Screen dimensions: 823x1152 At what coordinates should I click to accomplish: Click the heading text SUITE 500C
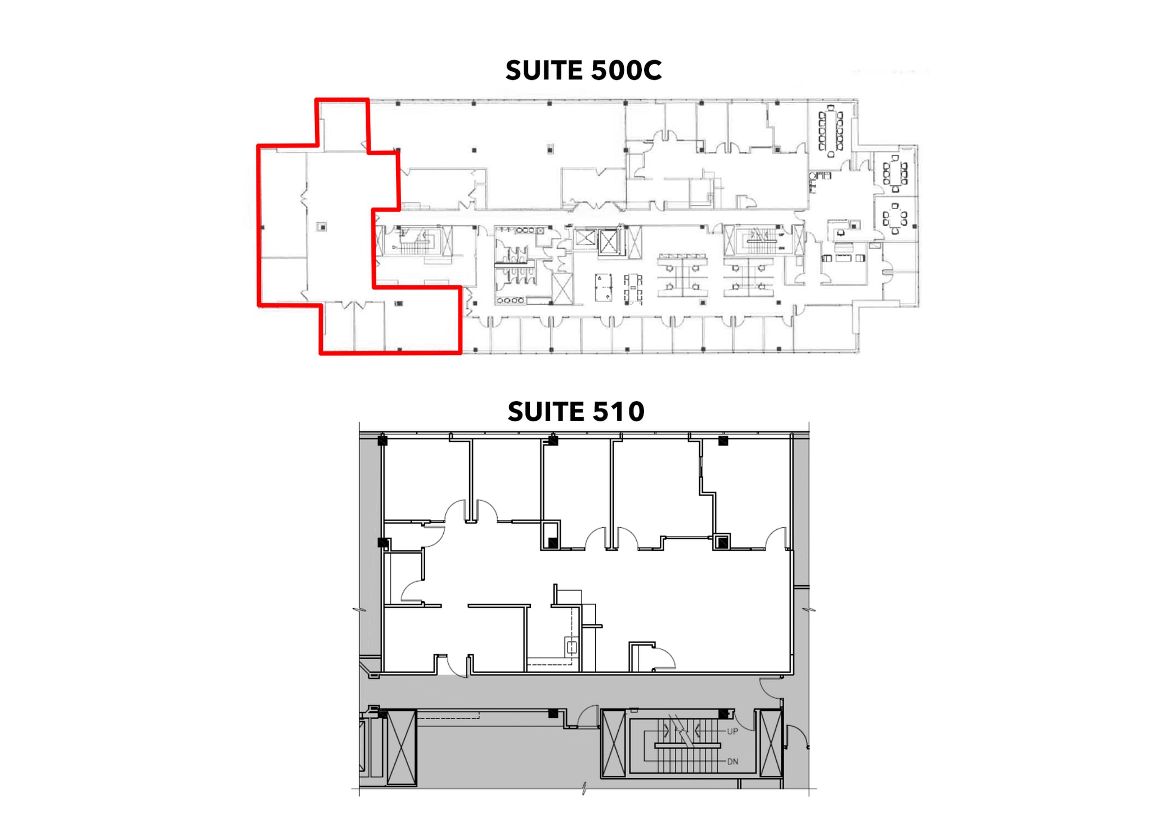pyautogui.click(x=583, y=70)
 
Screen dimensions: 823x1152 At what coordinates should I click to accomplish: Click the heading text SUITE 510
pyautogui.click(x=575, y=411)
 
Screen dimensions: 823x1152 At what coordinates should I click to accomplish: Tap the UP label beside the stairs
pyautogui.click(x=732, y=731)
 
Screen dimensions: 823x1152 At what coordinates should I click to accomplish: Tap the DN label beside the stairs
pyautogui.click(x=732, y=761)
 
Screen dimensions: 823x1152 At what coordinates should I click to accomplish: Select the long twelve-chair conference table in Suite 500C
pyautogui.click(x=830, y=131)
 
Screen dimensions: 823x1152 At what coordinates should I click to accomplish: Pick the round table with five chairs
pyautogui.click(x=894, y=218)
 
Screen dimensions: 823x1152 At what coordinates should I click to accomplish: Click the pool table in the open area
pyautogui.click(x=603, y=287)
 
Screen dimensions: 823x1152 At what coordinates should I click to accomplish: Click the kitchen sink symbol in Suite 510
pyautogui.click(x=572, y=647)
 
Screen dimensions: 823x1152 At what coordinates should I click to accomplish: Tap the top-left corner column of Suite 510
pyautogui.click(x=382, y=440)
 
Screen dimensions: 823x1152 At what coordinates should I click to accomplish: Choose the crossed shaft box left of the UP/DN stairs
pyautogui.click(x=613, y=744)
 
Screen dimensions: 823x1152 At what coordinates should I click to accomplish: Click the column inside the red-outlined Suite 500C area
pyautogui.click(x=322, y=227)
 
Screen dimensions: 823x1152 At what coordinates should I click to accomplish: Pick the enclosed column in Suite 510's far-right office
pyautogui.click(x=722, y=542)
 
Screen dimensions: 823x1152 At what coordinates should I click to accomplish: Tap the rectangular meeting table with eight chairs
pyautogui.click(x=895, y=173)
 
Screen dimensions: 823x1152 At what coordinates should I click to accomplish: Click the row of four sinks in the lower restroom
pyautogui.click(x=511, y=300)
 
